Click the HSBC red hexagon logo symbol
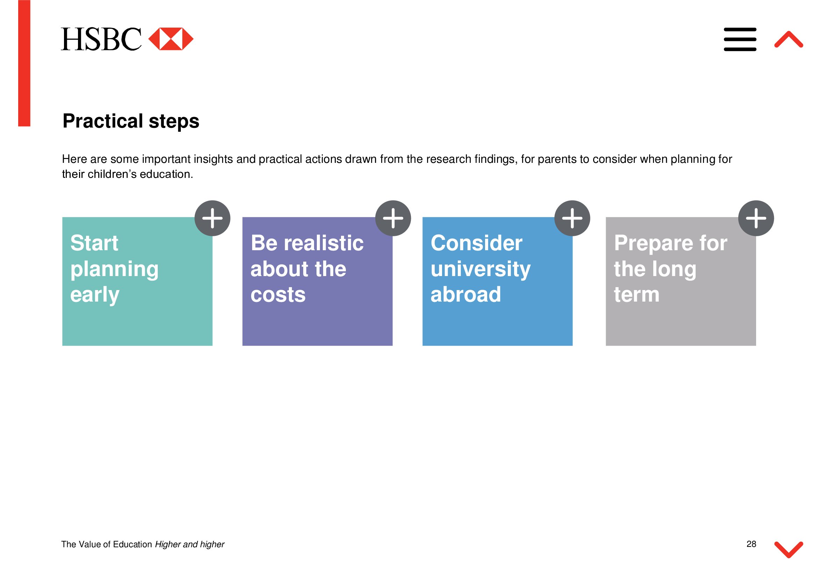171,39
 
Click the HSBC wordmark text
101,39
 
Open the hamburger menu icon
740,39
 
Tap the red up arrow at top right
789,39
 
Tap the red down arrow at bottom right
789,550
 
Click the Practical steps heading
131,121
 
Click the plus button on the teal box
212,218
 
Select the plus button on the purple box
393,218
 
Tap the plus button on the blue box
572,218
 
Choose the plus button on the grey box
756,218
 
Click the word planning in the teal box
114,270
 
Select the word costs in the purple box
278,295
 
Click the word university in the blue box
481,270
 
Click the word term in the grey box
636,295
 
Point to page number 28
751,544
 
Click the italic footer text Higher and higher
190,544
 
